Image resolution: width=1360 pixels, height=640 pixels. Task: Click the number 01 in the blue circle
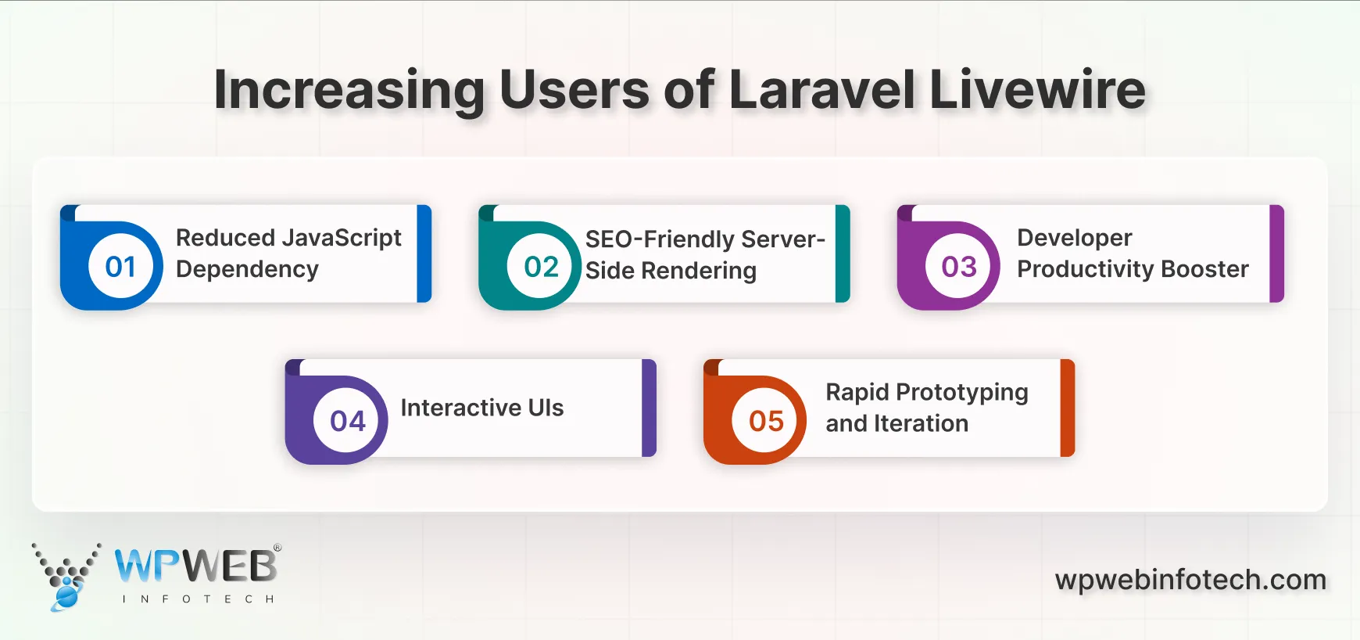[x=120, y=267]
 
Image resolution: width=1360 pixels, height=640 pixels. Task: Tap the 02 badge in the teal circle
[x=541, y=267]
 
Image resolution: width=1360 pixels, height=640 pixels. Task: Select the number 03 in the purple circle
[x=959, y=267]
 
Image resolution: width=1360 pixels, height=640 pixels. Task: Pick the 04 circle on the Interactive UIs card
[x=348, y=422]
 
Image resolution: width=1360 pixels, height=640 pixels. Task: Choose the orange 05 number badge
[x=766, y=422]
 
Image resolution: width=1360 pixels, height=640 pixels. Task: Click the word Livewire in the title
[x=1037, y=90]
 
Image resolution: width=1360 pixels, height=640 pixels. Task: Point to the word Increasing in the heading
[x=349, y=90]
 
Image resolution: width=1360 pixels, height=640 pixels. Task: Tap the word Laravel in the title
[x=821, y=90]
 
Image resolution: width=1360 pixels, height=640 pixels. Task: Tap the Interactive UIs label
[x=481, y=408]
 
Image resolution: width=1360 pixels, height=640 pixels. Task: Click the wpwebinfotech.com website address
[x=1190, y=580]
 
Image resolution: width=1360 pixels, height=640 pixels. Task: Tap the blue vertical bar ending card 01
[x=424, y=253]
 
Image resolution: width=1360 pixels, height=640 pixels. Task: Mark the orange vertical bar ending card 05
[x=1067, y=408]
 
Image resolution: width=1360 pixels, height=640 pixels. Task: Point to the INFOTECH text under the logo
[x=198, y=599]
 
